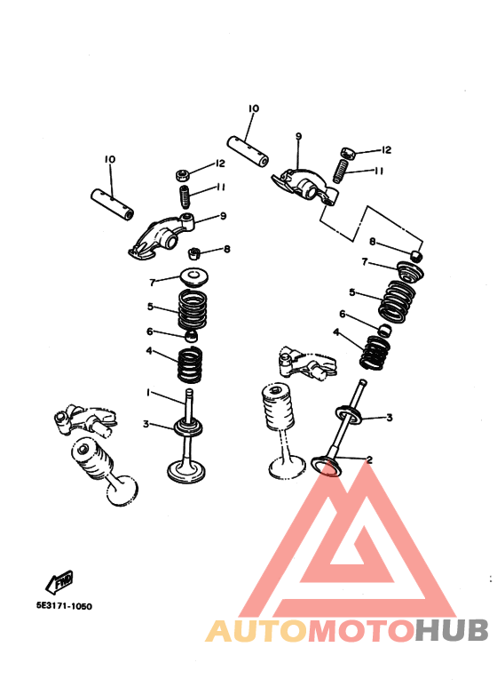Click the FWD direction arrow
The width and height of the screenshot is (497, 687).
[59, 583]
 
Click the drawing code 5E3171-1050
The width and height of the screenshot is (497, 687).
[64, 606]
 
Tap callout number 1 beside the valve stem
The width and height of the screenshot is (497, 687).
[148, 393]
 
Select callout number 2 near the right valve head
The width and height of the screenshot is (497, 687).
[369, 459]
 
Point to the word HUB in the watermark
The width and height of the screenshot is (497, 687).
[452, 630]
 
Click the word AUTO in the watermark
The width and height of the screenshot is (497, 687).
[256, 631]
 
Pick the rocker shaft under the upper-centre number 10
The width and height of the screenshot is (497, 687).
[248, 152]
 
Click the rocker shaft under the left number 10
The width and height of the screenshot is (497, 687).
[113, 204]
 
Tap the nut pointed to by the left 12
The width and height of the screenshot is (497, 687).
[183, 175]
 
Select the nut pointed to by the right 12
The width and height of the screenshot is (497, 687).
[348, 154]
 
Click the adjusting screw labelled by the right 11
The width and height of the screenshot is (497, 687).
[341, 172]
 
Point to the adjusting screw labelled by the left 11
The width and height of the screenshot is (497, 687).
[185, 197]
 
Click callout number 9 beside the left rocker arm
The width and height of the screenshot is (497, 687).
[223, 216]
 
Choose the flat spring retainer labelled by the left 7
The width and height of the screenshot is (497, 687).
[194, 277]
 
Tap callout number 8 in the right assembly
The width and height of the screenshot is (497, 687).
[373, 242]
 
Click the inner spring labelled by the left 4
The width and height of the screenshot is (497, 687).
[190, 364]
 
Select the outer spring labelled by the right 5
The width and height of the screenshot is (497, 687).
[397, 301]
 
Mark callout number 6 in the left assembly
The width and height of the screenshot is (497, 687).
[150, 332]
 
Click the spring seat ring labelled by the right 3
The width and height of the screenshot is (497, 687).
[349, 414]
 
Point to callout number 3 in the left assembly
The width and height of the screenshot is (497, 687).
[146, 424]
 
